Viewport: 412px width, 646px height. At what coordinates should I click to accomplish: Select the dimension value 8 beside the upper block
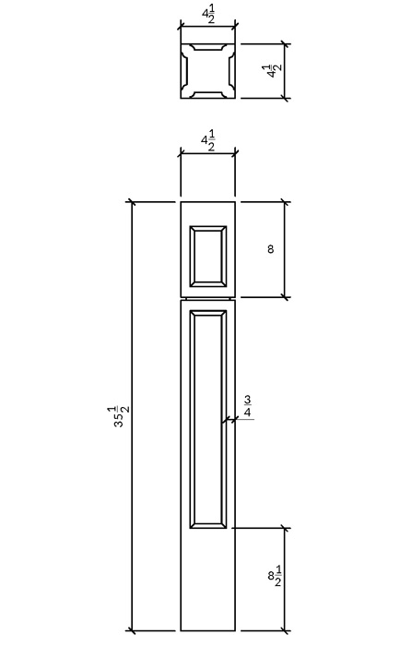[270, 249]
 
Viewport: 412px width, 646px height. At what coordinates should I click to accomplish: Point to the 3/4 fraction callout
[247, 406]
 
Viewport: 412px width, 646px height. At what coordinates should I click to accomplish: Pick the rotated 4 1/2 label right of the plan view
[274, 71]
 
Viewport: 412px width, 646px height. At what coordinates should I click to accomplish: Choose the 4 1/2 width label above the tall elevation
[208, 142]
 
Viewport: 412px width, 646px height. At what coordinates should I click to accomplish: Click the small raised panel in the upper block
[208, 257]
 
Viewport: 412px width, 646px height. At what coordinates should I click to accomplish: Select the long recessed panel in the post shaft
[208, 419]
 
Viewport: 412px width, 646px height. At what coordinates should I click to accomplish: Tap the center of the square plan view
[208, 71]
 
